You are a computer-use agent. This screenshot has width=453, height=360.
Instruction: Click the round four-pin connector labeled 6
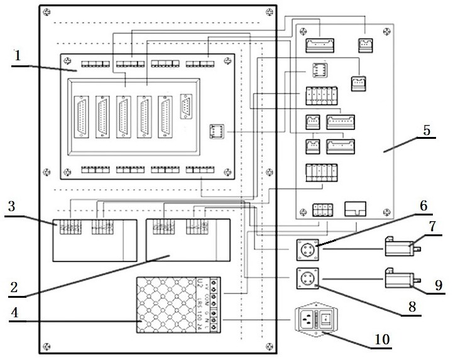coord(308,249)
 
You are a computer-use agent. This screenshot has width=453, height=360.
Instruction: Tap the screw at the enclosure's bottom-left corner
coord(46,345)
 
